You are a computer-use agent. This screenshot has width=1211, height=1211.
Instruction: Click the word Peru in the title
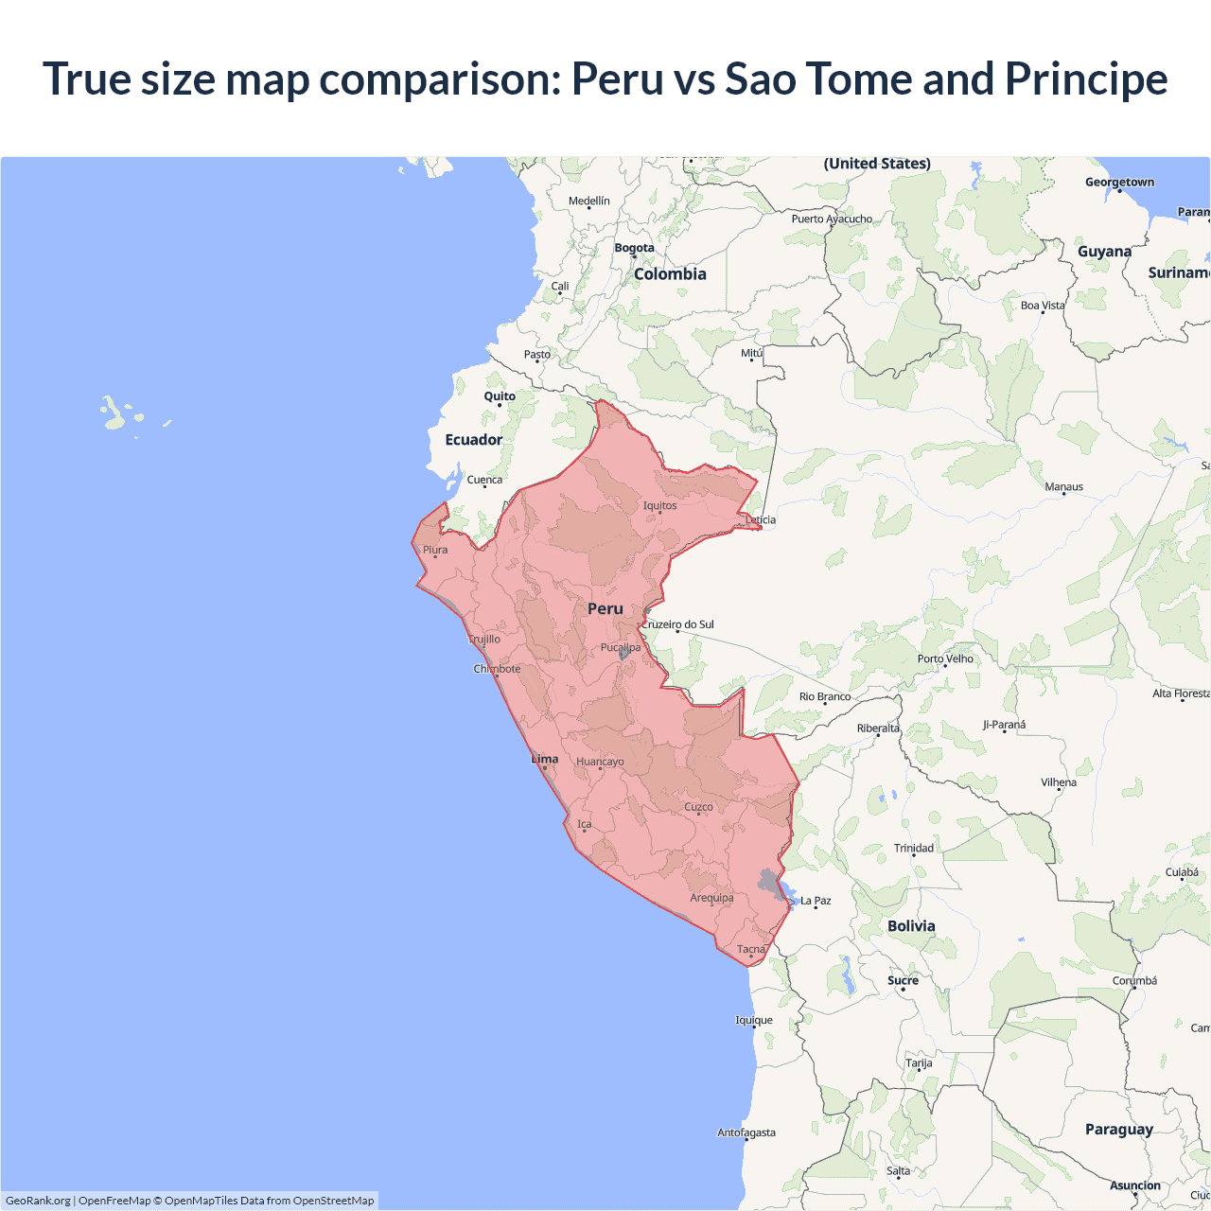point(617,79)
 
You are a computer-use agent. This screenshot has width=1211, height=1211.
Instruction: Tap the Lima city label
point(545,759)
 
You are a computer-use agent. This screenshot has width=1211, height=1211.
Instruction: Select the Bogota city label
point(634,248)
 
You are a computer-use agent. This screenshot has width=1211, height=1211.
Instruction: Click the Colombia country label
point(670,273)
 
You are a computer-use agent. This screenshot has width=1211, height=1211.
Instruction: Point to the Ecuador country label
point(474,440)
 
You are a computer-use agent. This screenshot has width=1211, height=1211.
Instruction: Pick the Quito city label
point(500,396)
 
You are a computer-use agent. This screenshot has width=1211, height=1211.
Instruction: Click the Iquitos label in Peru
point(659,505)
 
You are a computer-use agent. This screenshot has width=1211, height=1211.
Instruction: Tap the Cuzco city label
point(698,807)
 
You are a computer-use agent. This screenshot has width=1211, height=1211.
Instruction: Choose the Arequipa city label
point(711,898)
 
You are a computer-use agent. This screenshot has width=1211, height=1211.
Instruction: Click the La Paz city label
point(816,901)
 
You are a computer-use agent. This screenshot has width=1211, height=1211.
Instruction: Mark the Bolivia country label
point(911,926)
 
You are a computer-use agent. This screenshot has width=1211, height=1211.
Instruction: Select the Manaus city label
point(1063,486)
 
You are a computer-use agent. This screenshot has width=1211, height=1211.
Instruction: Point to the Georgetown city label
point(1119,182)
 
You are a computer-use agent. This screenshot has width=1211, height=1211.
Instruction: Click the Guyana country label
point(1104,252)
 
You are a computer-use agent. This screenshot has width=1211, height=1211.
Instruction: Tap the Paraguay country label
point(1119,1129)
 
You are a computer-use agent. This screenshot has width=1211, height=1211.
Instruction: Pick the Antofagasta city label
point(746,1132)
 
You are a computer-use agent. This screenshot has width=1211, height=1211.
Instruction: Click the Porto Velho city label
point(945,658)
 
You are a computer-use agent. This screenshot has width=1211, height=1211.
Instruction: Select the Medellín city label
point(589,201)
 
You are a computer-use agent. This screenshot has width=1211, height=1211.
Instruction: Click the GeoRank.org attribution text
point(38,1201)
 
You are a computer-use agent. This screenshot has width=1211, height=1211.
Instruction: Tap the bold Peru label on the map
point(605,608)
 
